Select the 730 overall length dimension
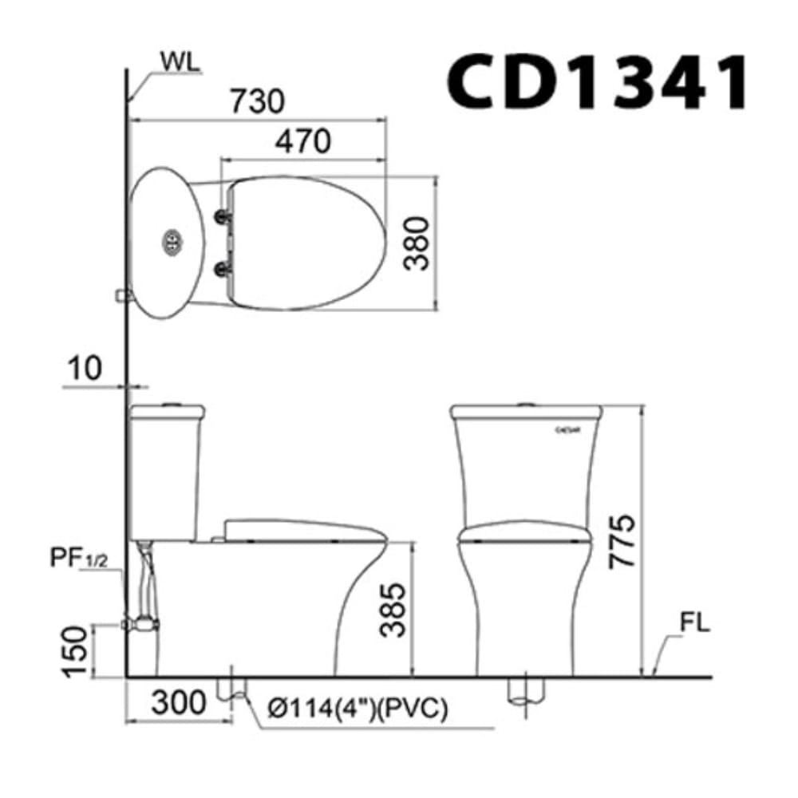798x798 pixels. [257, 101]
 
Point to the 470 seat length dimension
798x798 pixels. [302, 141]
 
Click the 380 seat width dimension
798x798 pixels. [416, 243]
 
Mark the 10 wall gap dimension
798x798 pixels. [84, 369]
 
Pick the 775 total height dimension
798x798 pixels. [622, 540]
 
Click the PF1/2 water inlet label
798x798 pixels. [76, 556]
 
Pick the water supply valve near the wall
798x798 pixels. [142, 622]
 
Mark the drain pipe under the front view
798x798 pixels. [527, 691]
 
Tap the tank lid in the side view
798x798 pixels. [168, 412]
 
